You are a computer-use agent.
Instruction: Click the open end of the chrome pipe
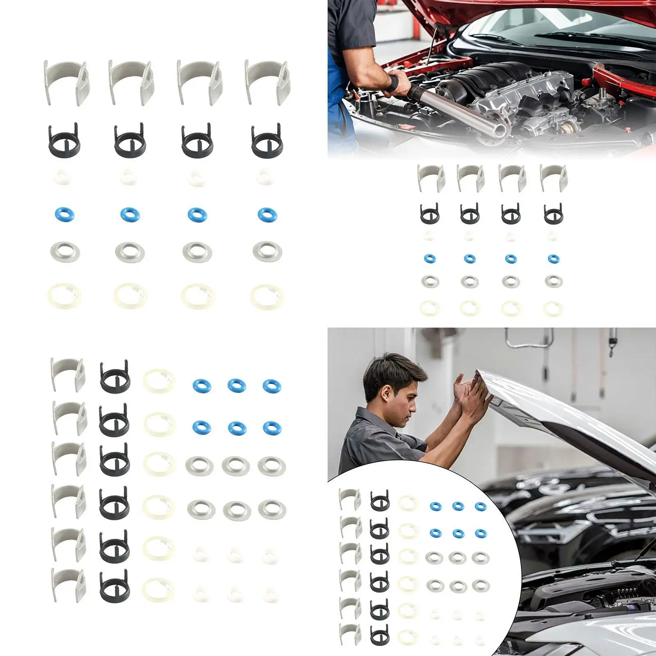501,130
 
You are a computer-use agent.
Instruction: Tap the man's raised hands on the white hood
471,389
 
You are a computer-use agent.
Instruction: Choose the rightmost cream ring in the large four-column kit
267,296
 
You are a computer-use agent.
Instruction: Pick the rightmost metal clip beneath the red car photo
553,177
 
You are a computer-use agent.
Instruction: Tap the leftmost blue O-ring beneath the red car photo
430,259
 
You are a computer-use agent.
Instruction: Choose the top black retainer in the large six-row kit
115,376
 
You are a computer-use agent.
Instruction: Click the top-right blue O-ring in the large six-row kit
272,385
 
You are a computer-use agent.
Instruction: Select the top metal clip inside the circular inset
349,499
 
